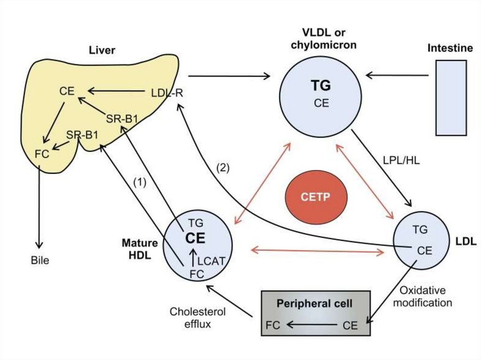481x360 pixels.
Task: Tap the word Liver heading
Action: click(102, 50)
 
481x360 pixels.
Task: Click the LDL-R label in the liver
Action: click(167, 92)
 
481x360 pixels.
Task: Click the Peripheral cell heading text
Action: click(315, 304)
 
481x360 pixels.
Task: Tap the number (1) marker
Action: click(140, 182)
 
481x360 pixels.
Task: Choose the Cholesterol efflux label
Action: click(198, 317)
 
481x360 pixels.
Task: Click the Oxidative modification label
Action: click(422, 297)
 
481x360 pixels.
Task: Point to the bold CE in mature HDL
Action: click(195, 238)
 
